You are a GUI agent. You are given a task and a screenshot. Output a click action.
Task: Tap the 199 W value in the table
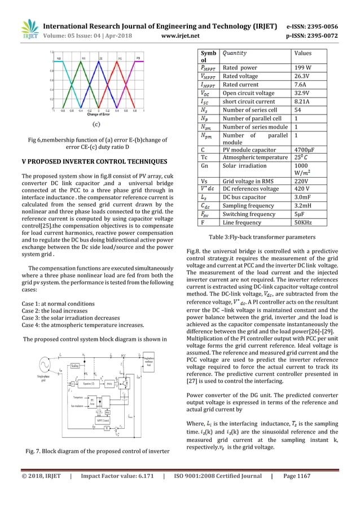303,68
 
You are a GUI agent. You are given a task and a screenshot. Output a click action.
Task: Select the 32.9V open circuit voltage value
304,93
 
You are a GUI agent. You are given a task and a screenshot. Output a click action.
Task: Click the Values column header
305,54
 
